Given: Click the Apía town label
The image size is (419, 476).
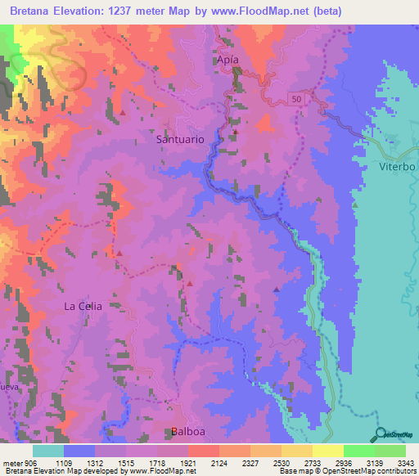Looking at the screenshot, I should tap(232, 61).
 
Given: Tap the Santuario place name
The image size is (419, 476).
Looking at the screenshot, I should tap(179, 140).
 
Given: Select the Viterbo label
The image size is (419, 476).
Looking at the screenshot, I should tap(397, 166).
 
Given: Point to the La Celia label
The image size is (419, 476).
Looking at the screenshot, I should tap(83, 306).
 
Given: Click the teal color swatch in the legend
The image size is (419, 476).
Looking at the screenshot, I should tap(48, 451).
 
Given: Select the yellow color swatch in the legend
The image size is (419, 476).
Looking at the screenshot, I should tap(327, 451).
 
